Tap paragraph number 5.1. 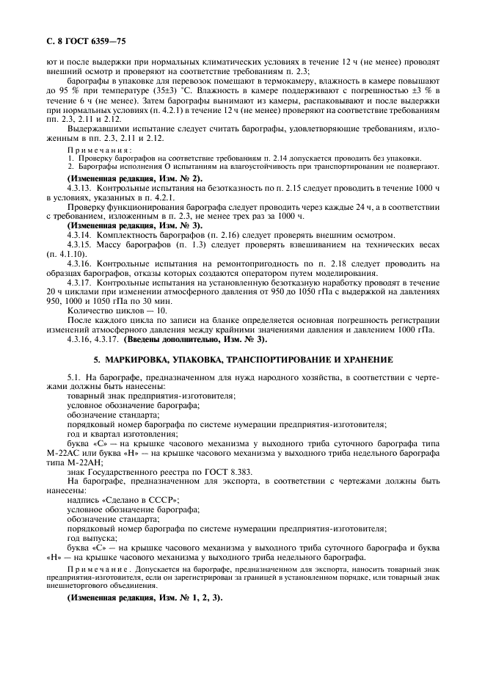pyautogui.click(x=73, y=377)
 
